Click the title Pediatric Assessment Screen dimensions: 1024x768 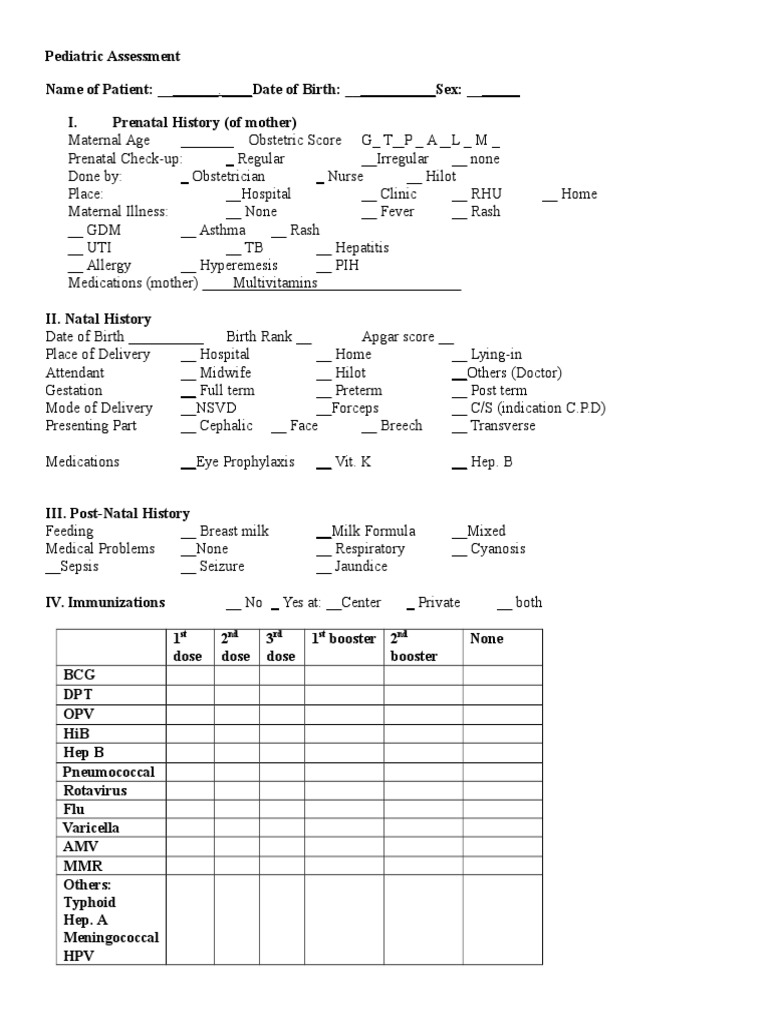click(x=113, y=57)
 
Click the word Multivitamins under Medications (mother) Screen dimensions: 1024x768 click(x=275, y=283)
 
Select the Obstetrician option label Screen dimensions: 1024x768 click(x=228, y=176)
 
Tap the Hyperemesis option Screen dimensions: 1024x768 click(x=238, y=265)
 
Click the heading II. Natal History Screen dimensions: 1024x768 click(x=98, y=319)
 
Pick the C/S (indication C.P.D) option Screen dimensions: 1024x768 click(x=538, y=408)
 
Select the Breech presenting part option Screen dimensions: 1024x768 click(x=401, y=425)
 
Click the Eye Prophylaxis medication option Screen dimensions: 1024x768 click(x=245, y=462)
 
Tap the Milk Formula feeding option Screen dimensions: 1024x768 click(x=373, y=531)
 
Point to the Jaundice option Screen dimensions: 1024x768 click(x=361, y=566)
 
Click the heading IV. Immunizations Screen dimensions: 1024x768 click(x=105, y=602)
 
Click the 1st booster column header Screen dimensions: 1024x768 click(x=343, y=638)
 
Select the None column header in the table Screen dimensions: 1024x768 click(x=487, y=638)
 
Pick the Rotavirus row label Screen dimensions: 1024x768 click(x=94, y=790)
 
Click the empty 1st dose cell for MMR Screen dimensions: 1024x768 click(x=189, y=866)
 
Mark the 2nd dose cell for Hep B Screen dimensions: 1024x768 click(x=236, y=752)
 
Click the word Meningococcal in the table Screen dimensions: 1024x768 click(x=111, y=937)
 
